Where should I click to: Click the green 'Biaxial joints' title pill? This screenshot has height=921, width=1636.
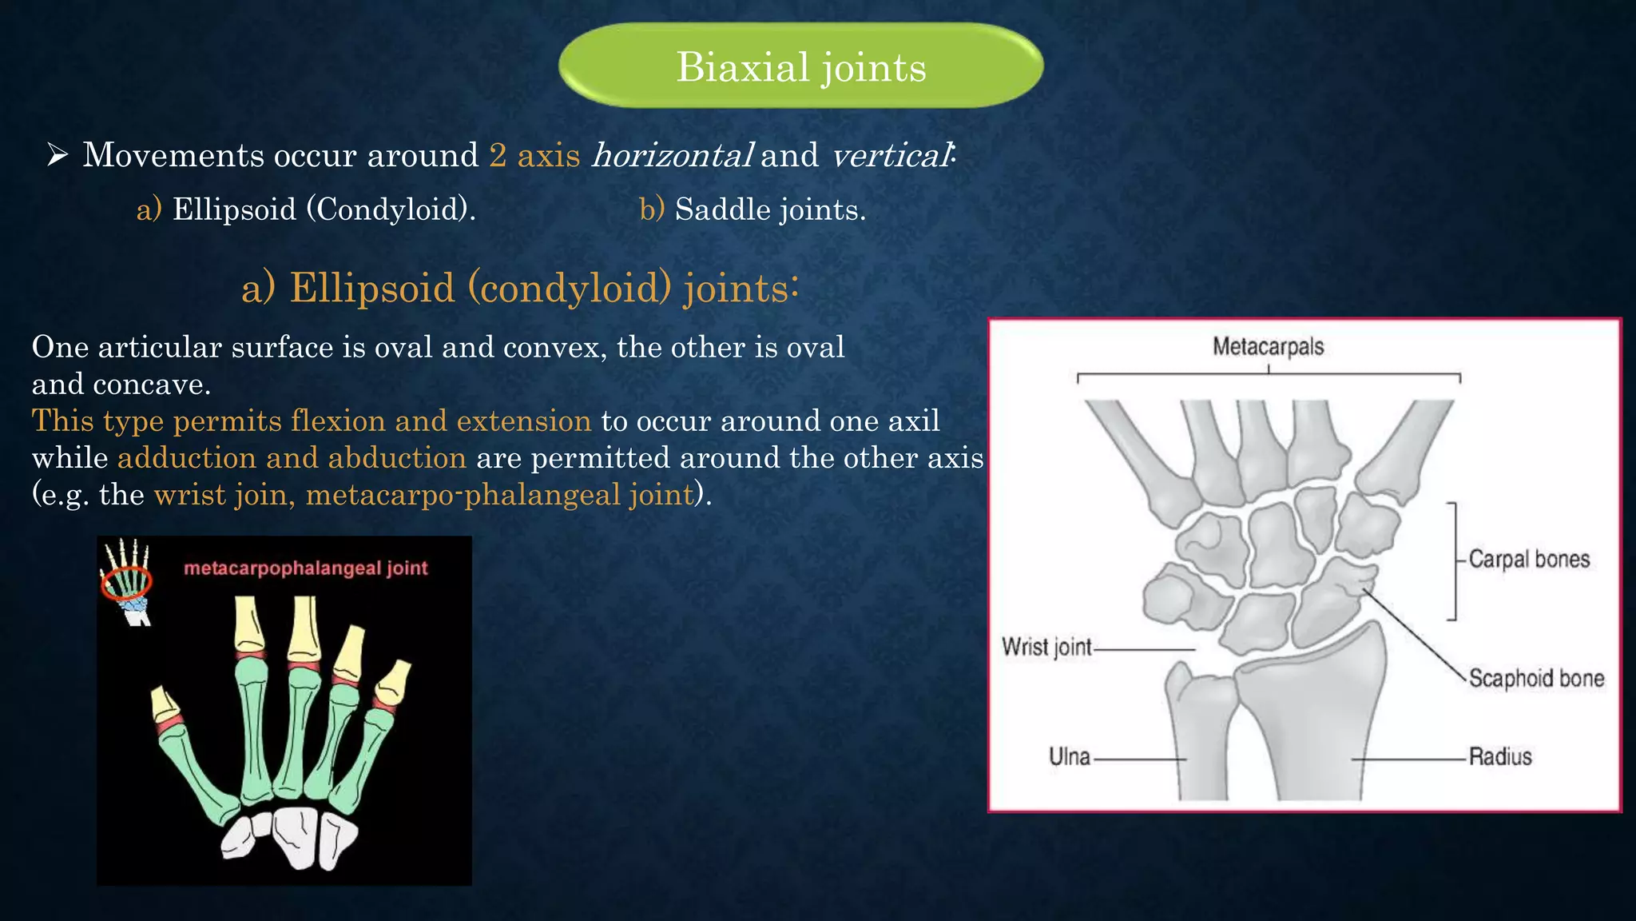click(x=800, y=66)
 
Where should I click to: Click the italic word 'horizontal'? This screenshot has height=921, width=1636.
click(x=671, y=155)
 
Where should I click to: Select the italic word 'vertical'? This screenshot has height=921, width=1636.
click(x=891, y=155)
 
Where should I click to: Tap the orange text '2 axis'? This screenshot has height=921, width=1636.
click(x=534, y=155)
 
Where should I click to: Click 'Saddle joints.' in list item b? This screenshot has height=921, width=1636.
click(x=770, y=209)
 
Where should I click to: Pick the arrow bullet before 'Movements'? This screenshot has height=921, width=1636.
click(x=58, y=154)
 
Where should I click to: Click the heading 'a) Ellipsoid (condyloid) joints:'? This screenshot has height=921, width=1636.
click(x=520, y=288)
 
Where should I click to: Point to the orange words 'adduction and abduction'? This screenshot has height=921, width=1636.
click(x=292, y=458)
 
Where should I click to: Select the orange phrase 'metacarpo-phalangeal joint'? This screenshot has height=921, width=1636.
click(x=499, y=495)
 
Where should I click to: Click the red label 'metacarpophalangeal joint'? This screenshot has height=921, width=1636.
click(x=306, y=568)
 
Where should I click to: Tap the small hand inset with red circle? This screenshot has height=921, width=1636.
click(x=127, y=581)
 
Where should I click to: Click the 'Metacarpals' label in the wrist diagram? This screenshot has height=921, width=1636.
click(x=1268, y=346)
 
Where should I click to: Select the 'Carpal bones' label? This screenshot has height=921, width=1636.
click(x=1529, y=559)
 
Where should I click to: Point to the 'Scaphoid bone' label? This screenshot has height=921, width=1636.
click(x=1536, y=678)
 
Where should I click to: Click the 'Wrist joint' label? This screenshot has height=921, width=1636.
click(x=1046, y=646)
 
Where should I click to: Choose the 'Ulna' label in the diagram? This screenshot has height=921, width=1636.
click(x=1069, y=756)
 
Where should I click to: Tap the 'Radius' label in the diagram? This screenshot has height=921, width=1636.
click(x=1500, y=756)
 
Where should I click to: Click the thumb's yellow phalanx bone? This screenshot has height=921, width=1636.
click(x=166, y=704)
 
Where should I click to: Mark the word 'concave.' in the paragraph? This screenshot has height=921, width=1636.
click(x=152, y=385)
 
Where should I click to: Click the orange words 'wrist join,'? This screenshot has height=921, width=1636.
click(x=224, y=495)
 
